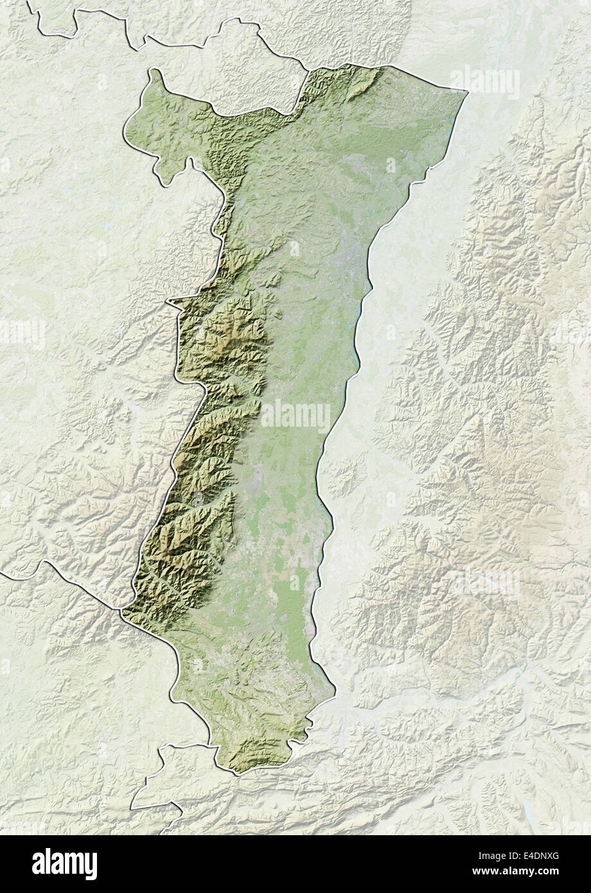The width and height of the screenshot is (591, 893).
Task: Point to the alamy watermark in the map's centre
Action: click(295, 416)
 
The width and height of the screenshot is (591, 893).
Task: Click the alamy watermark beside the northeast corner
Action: click(485, 82)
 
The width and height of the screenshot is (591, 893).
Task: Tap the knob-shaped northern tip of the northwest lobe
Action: click(154, 72)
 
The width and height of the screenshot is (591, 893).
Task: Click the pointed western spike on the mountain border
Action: click(169, 301)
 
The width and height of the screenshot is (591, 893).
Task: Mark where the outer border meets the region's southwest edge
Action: click(122, 609)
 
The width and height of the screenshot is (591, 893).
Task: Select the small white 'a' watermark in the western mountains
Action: click(198, 498)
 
